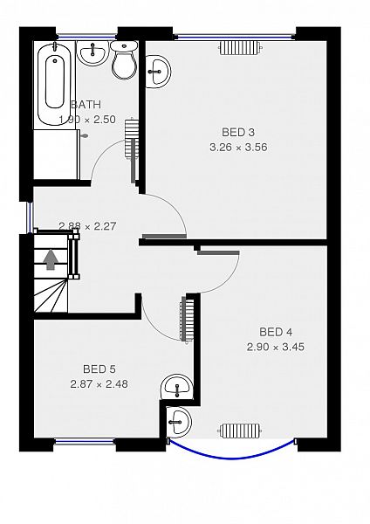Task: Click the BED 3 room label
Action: pyautogui.click(x=238, y=132)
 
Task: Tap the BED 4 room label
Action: pyautogui.click(x=276, y=332)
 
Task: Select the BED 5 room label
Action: pyautogui.click(x=99, y=369)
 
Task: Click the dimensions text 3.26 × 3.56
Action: pyautogui.click(x=238, y=147)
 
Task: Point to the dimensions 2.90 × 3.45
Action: pyautogui.click(x=276, y=347)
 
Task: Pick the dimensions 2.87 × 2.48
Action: pyautogui.click(x=99, y=384)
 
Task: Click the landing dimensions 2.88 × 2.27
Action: pyautogui.click(x=87, y=226)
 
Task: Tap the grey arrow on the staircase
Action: pyautogui.click(x=51, y=259)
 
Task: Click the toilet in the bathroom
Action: pyautogui.click(x=124, y=60)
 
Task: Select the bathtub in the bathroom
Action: pyautogui.click(x=54, y=84)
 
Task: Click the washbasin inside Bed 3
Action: pyautogui.click(x=158, y=72)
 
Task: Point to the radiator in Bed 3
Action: pyautogui.click(x=240, y=48)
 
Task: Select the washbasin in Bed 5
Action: pyautogui.click(x=176, y=387)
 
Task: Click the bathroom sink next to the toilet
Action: pyautogui.click(x=92, y=52)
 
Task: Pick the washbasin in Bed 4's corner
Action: pyautogui.click(x=179, y=421)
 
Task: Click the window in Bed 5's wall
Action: pyautogui.click(x=85, y=442)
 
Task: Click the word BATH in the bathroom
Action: pyautogui.click(x=86, y=105)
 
